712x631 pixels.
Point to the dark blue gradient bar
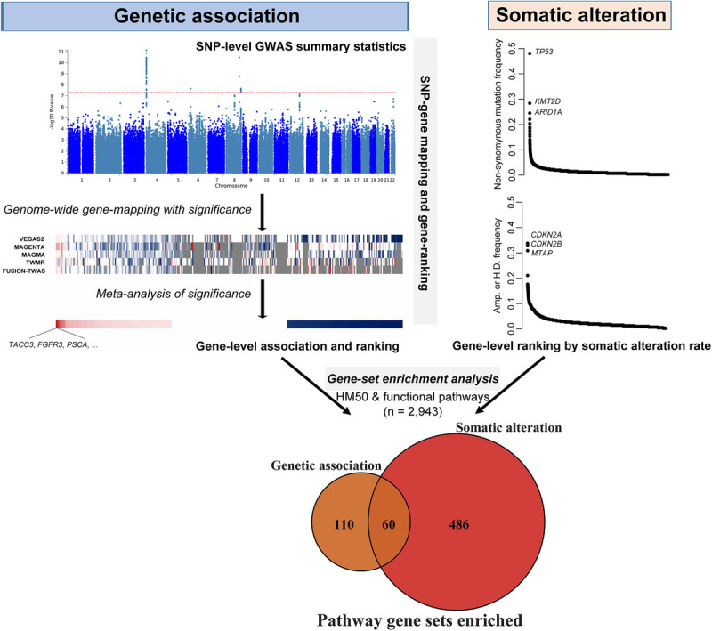[344, 325]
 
